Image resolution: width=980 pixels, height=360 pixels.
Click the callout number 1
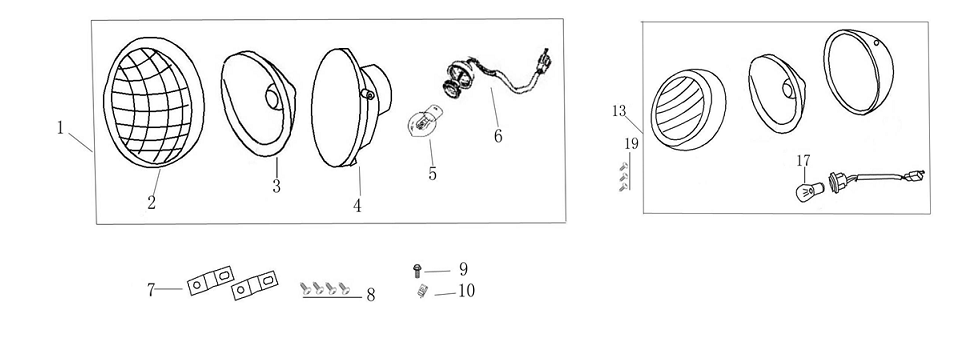pos(60,127)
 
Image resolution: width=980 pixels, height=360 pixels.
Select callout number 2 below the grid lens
pos(151,203)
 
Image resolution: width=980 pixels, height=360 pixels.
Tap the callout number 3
pos(276,185)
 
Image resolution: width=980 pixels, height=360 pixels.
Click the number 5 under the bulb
pos(432,173)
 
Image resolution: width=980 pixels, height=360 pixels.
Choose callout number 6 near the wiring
pos(497,136)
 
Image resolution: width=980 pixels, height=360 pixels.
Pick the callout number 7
pos(152,290)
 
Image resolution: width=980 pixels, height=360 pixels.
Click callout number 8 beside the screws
pos(370,295)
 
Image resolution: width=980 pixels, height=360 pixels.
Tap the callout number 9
pos(462,269)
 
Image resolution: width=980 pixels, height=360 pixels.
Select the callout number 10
pos(465,291)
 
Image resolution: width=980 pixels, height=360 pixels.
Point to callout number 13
pos(619,110)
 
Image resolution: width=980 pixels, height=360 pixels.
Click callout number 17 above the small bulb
pos(803,160)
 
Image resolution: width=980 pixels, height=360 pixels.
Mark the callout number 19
pos(630,144)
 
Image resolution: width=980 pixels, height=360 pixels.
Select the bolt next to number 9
pos(417,270)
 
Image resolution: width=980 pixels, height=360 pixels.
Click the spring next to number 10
pos(421,291)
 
